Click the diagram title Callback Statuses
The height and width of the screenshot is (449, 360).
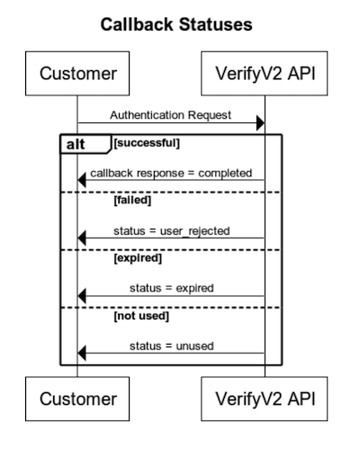click(x=179, y=24)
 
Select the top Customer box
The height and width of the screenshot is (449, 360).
click(x=77, y=73)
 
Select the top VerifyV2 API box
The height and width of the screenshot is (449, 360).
click(x=265, y=73)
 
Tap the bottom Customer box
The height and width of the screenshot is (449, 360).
click(x=77, y=398)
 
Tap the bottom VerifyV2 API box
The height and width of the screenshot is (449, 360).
click(x=265, y=398)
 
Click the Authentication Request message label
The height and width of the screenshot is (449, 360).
click(x=170, y=114)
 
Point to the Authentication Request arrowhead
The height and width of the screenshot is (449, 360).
click(x=260, y=123)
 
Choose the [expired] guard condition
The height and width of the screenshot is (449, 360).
click(x=137, y=259)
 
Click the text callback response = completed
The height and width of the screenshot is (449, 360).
click(x=170, y=173)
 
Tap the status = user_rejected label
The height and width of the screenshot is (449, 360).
click(x=171, y=230)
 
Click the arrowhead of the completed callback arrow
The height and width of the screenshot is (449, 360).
click(x=82, y=182)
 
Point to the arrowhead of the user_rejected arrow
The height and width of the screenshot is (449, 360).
click(x=82, y=238)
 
